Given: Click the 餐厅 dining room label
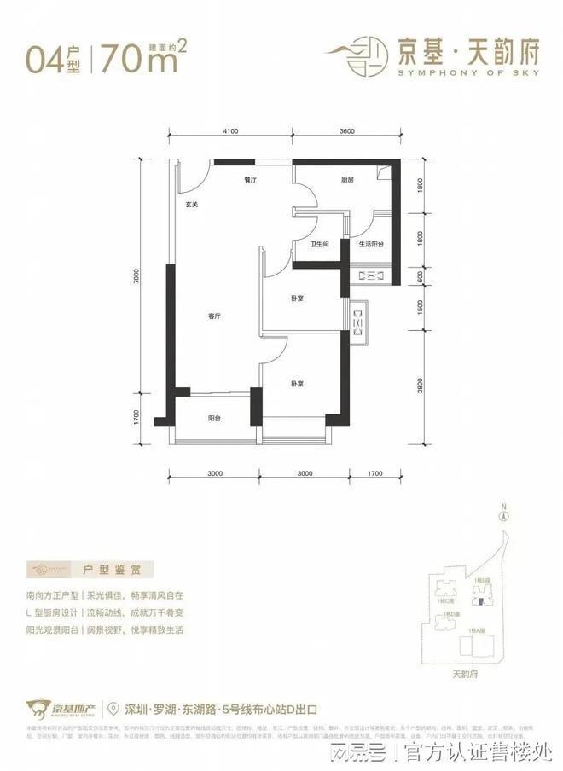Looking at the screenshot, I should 250,180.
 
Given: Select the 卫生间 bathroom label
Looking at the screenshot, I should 320,245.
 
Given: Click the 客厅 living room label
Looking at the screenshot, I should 215,316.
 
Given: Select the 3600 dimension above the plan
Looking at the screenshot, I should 346,130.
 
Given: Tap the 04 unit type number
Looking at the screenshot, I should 44,60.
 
